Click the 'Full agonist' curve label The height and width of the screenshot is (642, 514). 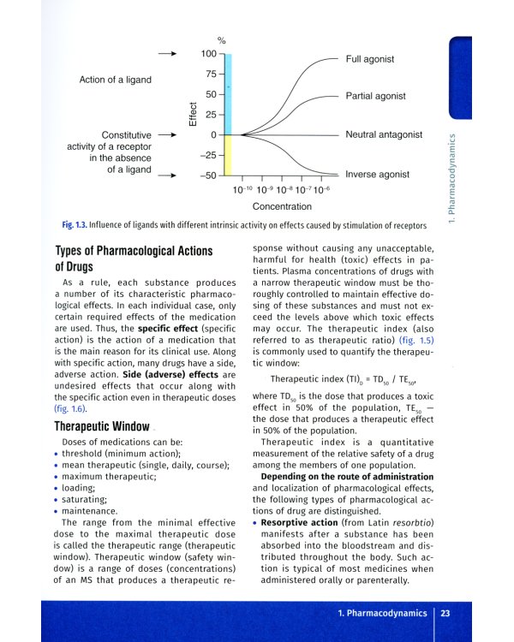[x=370, y=59]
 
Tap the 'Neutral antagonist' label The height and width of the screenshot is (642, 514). [x=384, y=134]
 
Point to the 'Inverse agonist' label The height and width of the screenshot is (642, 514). [x=377, y=174]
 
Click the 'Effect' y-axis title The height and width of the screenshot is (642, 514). [x=193, y=114]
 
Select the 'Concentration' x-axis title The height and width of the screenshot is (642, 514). [x=282, y=206]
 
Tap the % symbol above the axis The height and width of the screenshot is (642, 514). [x=221, y=40]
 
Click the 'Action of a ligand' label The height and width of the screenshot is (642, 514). [x=115, y=80]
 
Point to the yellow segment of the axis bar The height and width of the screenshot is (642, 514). [x=228, y=155]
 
